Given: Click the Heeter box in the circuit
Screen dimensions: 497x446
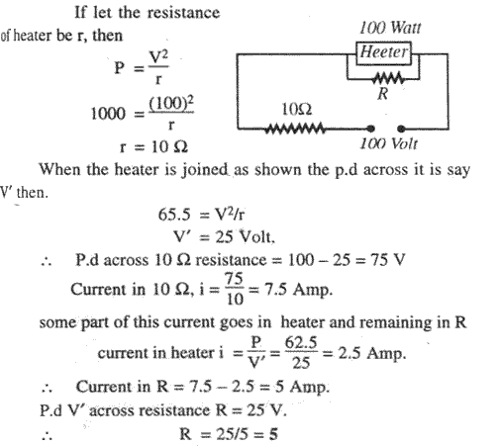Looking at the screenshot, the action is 383,52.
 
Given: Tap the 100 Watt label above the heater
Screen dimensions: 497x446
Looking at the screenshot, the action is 390,28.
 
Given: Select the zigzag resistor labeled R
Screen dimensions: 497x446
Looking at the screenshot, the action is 387,79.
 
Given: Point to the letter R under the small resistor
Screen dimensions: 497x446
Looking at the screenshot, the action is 383,94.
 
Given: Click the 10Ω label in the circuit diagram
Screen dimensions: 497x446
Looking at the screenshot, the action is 297,109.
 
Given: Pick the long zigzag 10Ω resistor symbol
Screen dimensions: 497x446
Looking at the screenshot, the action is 295,129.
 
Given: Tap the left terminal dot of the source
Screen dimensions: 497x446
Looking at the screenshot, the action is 371,129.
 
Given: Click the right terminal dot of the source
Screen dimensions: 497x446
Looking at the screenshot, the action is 401,129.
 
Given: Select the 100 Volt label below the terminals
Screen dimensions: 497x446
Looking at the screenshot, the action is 388,144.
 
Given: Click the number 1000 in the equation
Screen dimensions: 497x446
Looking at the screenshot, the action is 108,114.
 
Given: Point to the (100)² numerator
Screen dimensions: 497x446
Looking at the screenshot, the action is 171,104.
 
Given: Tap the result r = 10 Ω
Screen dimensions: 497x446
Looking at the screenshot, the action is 153,146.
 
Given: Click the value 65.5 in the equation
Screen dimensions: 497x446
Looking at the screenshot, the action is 174,215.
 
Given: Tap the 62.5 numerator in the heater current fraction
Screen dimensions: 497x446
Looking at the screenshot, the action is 301,343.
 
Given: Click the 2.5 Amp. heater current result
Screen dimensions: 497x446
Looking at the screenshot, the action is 372,353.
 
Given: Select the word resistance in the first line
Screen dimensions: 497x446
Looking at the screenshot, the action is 183,13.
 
